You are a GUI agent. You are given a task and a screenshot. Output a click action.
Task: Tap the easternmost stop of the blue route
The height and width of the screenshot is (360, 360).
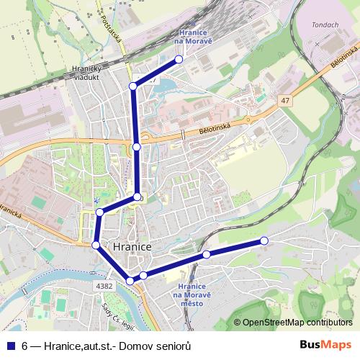tap(264, 240)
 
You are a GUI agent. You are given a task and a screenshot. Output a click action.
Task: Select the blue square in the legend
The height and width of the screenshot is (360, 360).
tap(10, 346)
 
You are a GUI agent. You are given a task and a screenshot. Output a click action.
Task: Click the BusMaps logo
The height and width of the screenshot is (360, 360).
tap(330, 346)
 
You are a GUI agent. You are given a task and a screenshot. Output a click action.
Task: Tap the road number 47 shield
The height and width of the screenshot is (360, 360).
tap(286, 102)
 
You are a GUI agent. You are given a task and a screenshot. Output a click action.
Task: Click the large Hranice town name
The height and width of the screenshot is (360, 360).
tap(132, 247)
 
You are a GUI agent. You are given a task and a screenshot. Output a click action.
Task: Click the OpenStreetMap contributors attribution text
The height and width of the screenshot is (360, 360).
tap(297, 323)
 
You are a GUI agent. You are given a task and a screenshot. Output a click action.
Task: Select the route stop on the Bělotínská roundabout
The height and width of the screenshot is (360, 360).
tap(137, 147)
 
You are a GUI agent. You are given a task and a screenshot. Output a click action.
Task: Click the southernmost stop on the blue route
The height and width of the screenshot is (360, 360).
tap(130, 281)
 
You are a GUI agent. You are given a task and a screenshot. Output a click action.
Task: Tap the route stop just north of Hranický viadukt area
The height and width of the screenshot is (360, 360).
tap(132, 86)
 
